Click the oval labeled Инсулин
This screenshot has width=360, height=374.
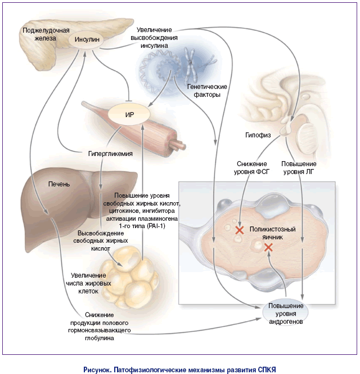(x=87, y=39)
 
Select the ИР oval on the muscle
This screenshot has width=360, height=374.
(x=129, y=114)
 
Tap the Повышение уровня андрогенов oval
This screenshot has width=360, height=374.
(x=286, y=313)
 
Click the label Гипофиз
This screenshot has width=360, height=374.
(x=258, y=135)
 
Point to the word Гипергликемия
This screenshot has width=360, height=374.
(x=110, y=154)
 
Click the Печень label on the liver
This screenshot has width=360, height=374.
(x=59, y=184)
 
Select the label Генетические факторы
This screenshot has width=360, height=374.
(x=207, y=91)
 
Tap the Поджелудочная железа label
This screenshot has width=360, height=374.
(x=46, y=34)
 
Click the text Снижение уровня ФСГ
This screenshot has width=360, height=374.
(x=251, y=168)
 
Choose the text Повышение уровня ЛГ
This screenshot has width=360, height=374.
(x=299, y=168)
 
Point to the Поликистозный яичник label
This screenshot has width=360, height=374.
(x=273, y=233)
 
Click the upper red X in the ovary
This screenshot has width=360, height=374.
(x=240, y=230)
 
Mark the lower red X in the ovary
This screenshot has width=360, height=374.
(x=268, y=248)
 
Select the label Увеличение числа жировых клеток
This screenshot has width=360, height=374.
(x=88, y=283)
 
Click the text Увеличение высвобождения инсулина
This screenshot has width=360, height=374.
(x=154, y=38)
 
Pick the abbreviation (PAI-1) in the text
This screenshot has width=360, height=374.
(x=154, y=226)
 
